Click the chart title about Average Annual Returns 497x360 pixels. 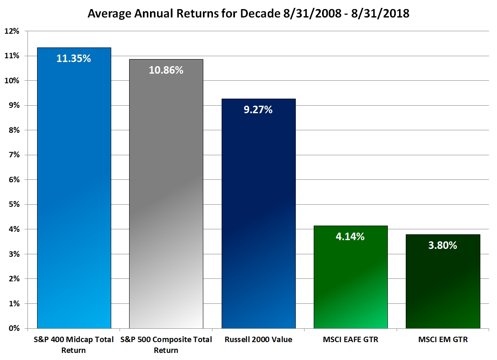[248, 13]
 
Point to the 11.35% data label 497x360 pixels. [74, 58]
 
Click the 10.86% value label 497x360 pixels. [166, 70]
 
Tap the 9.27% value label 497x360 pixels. [258, 110]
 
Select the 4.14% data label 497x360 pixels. [350, 237]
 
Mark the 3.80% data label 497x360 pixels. [442, 246]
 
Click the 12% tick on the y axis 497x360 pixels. [12, 31]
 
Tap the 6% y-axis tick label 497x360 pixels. [14, 180]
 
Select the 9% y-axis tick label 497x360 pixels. [14, 106]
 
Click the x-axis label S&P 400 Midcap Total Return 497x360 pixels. [74, 345]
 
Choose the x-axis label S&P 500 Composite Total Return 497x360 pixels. [166, 345]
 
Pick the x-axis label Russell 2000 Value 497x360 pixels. [258, 340]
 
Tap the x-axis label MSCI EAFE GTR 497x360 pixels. [350, 340]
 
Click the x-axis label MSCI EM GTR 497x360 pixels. [442, 340]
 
